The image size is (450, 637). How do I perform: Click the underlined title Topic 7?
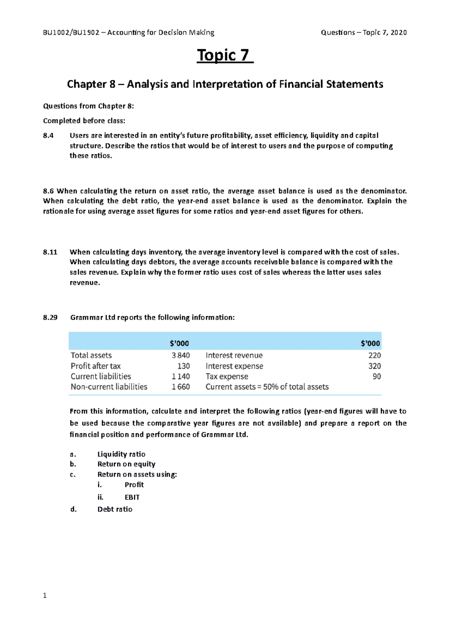click(x=225, y=55)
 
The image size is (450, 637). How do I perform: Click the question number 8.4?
click(x=48, y=135)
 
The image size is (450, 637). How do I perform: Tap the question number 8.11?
click(x=50, y=252)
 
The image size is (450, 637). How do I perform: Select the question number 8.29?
click(x=50, y=317)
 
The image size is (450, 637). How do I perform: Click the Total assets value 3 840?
click(x=180, y=355)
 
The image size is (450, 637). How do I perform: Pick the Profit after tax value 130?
click(x=183, y=366)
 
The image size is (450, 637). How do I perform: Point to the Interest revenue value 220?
click(x=374, y=355)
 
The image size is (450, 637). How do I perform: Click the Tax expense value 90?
click(x=376, y=376)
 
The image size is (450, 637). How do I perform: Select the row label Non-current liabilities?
click(x=109, y=387)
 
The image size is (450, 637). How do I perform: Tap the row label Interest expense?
click(x=234, y=366)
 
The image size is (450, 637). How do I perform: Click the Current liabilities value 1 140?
click(x=180, y=376)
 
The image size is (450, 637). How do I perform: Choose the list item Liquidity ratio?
click(x=121, y=454)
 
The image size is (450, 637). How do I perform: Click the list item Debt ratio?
click(x=115, y=509)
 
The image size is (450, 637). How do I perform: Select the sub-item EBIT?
click(x=132, y=497)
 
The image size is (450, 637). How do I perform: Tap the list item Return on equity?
click(x=126, y=464)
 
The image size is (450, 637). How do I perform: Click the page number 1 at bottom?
click(x=45, y=595)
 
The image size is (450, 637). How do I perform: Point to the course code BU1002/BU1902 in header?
click(x=71, y=33)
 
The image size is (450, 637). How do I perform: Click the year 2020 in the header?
click(x=398, y=33)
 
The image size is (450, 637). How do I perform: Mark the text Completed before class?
click(x=84, y=121)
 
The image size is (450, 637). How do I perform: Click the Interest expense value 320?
click(x=374, y=366)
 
